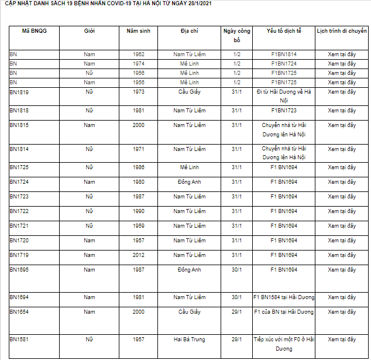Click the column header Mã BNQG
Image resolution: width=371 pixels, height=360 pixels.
[33, 30]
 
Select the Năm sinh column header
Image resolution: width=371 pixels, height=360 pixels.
[138, 30]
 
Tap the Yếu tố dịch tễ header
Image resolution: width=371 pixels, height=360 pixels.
[284, 30]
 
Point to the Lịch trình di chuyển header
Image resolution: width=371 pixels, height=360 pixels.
[341, 30]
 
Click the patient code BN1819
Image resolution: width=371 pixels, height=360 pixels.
[19, 92]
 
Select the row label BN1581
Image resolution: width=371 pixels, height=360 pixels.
[19, 340]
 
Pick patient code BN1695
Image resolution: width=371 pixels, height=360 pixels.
[19, 270]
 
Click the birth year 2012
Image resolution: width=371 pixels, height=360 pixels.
[138, 255]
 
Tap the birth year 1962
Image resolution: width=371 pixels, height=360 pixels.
[138, 54]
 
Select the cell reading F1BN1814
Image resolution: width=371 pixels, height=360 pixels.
[284, 54]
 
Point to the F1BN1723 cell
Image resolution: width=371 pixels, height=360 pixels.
[284, 111]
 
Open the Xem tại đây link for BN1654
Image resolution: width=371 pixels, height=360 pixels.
[341, 312]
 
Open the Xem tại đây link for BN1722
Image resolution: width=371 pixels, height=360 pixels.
[341, 211]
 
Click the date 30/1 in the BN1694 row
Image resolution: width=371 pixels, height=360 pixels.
[236, 297]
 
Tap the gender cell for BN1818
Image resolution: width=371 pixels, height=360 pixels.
[89, 111]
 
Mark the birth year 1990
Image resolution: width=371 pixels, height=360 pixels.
[138, 211]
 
